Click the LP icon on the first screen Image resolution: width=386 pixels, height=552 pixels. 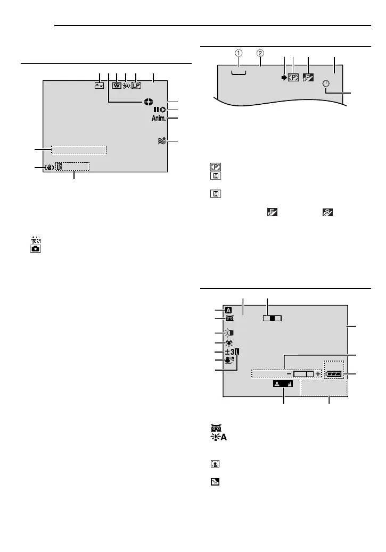click(x=136, y=85)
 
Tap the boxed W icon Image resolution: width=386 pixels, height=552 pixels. click(x=117, y=85)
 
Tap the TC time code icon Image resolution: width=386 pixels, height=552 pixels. click(x=59, y=166)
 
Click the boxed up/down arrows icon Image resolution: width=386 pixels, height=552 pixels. click(x=98, y=85)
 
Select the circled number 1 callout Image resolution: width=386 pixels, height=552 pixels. click(x=239, y=53)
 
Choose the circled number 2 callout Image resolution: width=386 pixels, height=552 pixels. click(x=260, y=53)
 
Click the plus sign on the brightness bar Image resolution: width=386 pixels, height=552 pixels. click(x=318, y=374)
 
